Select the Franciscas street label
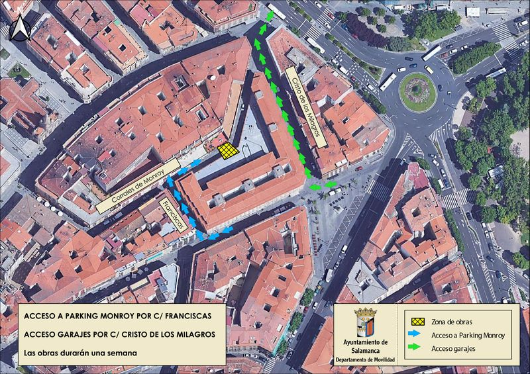coord(174,214)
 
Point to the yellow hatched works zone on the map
coord(227,150)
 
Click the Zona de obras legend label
coord(452,321)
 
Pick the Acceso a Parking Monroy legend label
coord(468,335)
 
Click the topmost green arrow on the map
coord(270,16)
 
